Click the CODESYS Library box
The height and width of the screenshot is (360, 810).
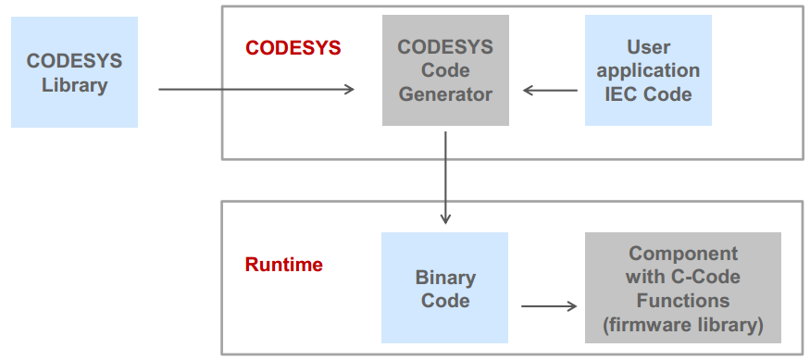(x=74, y=72)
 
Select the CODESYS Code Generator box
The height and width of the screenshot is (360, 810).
(x=445, y=70)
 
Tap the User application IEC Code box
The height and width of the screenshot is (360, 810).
(x=648, y=70)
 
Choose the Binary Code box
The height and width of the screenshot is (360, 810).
(x=445, y=288)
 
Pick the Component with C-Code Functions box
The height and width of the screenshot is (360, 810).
(x=683, y=288)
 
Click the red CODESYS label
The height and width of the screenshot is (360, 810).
(x=293, y=47)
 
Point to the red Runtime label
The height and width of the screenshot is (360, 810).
(x=283, y=265)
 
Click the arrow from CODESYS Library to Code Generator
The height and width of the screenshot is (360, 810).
(x=256, y=90)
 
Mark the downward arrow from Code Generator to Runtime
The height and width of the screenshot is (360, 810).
(x=445, y=177)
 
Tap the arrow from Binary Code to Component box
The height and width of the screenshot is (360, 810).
(x=550, y=306)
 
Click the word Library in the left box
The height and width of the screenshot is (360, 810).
(x=74, y=85)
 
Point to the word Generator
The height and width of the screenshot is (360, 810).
(x=445, y=93)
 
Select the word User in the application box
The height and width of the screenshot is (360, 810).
(x=648, y=46)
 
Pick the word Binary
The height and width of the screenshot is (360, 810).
(x=445, y=277)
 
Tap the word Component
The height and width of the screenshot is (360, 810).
(x=683, y=253)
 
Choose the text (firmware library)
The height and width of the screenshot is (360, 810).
(x=683, y=325)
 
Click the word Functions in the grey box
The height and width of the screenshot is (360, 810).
(x=683, y=301)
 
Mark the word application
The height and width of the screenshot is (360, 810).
(x=648, y=70)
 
